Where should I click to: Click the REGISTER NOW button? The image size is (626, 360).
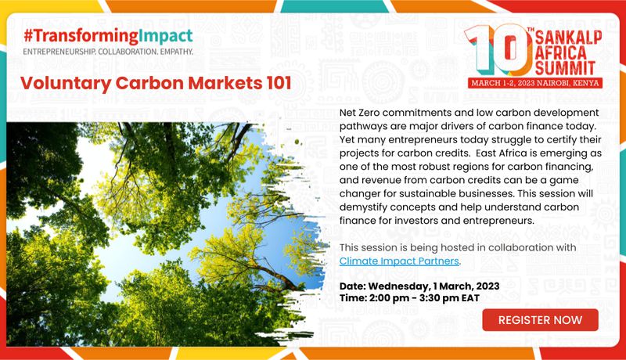click(x=540, y=320)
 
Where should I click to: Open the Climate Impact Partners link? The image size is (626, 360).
click(x=399, y=261)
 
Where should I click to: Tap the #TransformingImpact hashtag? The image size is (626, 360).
click(x=108, y=36)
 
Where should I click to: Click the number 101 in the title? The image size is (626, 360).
click(x=278, y=83)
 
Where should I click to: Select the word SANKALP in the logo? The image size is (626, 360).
click(x=569, y=37)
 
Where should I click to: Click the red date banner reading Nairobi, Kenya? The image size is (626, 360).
click(x=535, y=83)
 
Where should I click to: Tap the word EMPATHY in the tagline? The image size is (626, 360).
click(x=177, y=52)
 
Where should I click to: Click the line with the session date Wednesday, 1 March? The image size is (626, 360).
click(x=419, y=286)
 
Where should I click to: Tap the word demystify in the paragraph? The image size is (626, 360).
click(x=363, y=207)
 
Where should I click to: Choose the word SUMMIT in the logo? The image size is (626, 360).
click(x=565, y=68)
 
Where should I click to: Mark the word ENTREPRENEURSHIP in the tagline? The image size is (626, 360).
click(x=59, y=52)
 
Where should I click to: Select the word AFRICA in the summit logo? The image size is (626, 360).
click(x=560, y=52)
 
